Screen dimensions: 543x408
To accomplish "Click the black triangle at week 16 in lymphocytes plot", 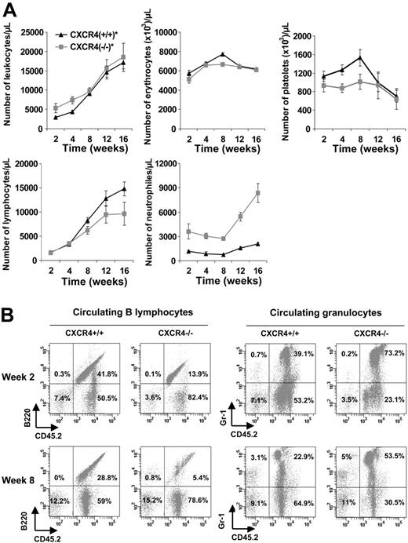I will pos(123,188).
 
